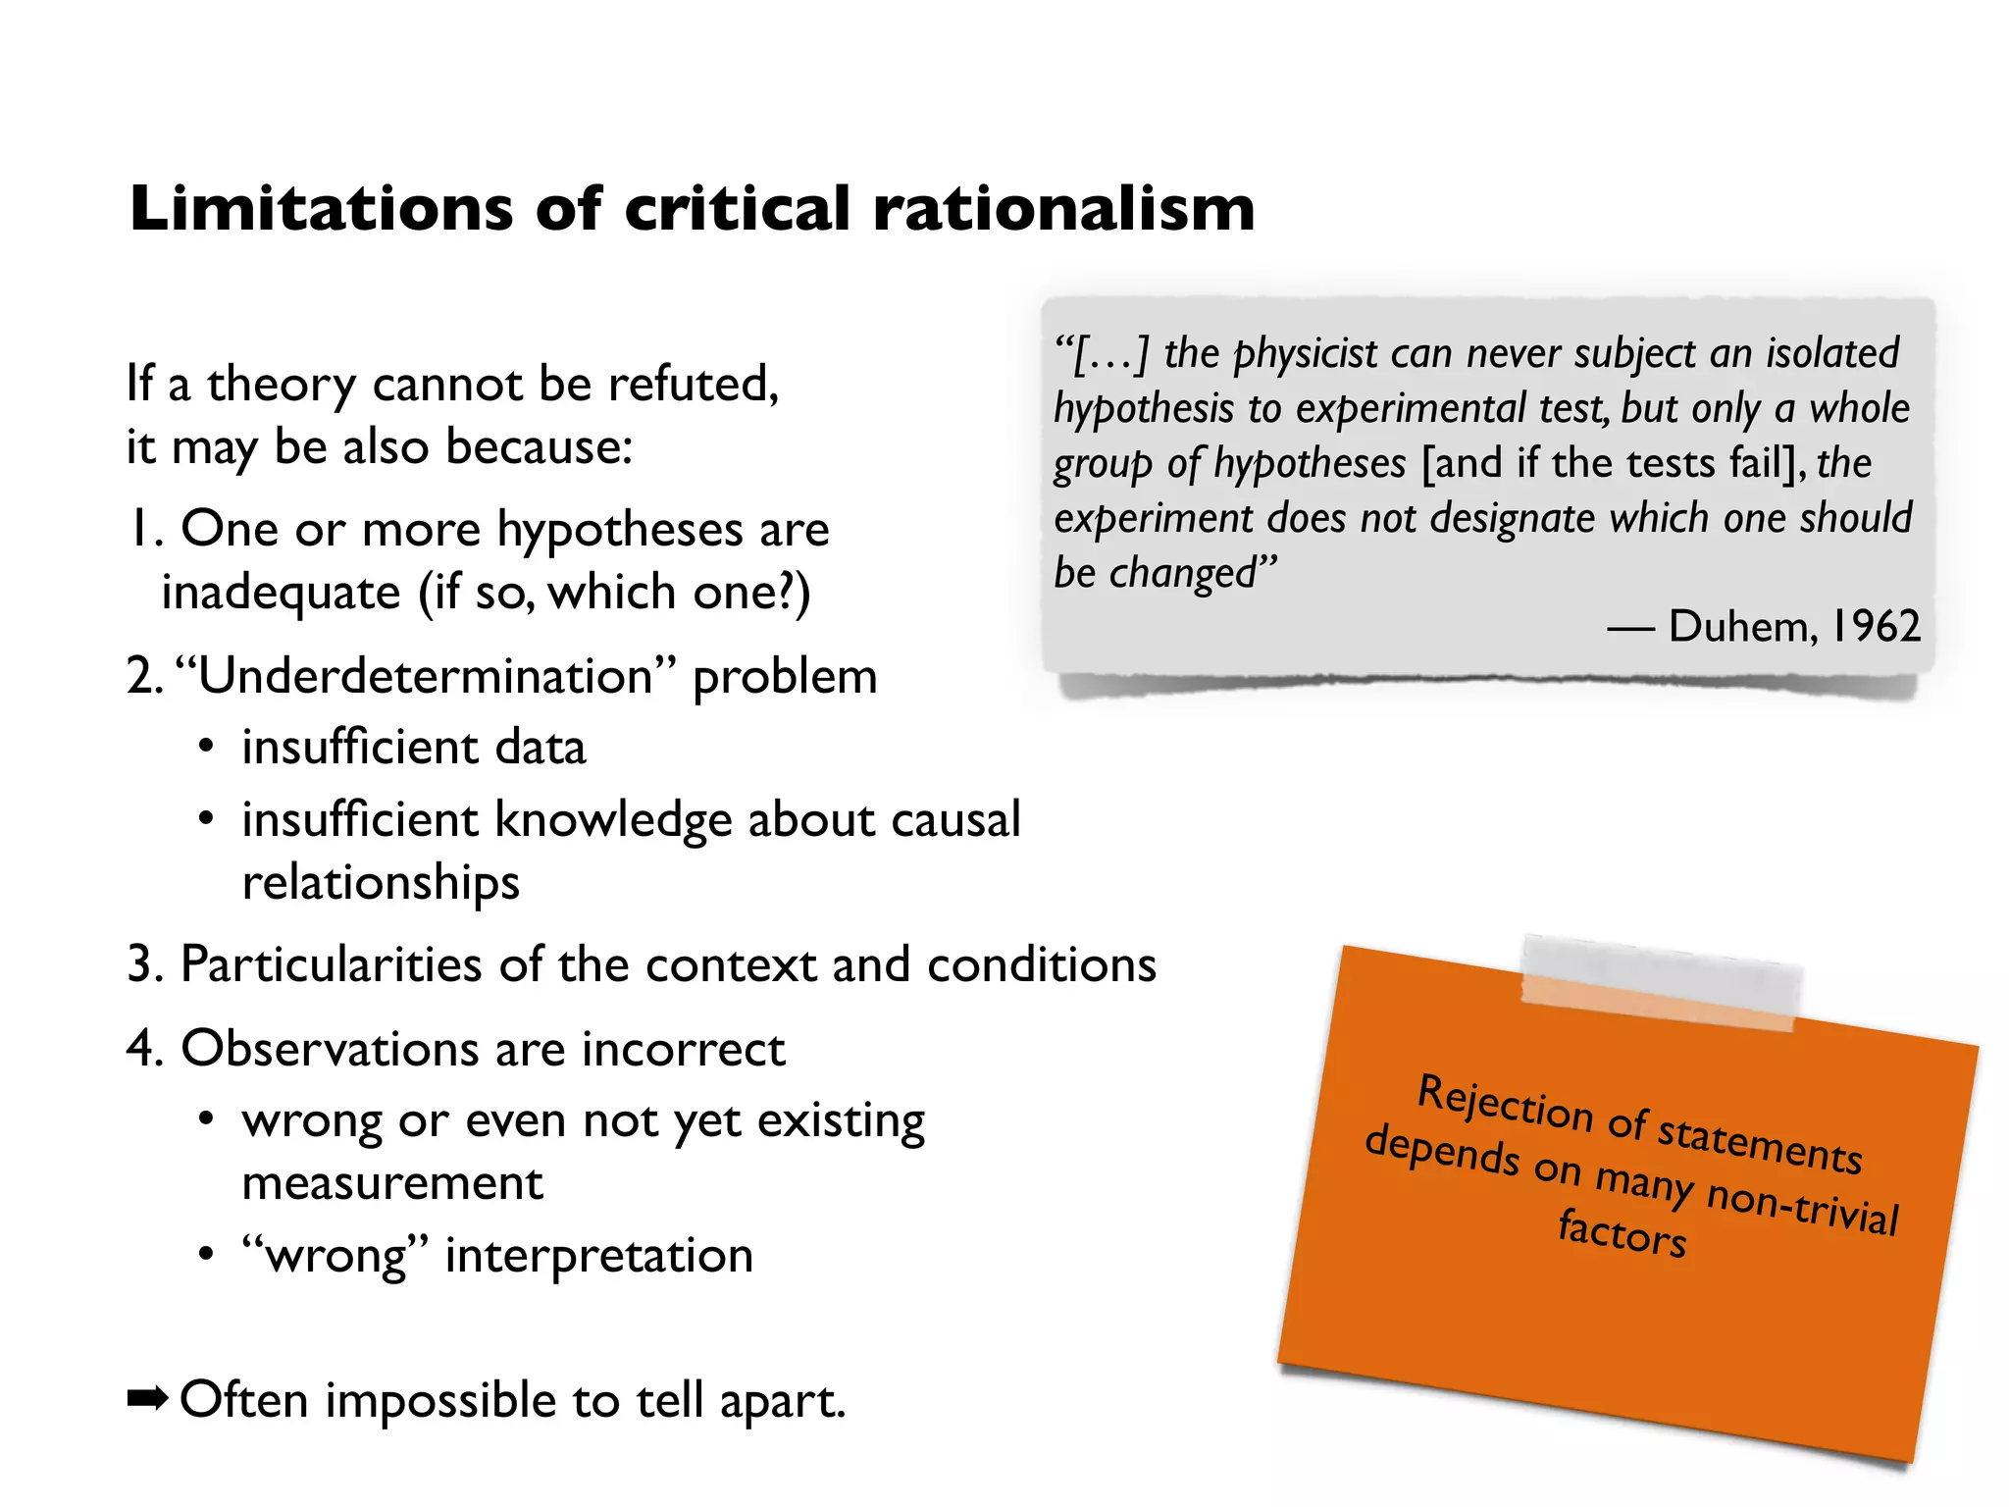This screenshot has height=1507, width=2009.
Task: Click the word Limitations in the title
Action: pos(321,209)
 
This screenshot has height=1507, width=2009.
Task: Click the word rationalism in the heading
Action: pos(1063,209)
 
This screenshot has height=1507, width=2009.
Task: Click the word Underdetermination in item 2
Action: pos(425,676)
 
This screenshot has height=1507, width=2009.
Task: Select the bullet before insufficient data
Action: pos(205,748)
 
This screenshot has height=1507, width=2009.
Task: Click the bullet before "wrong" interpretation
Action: pos(205,1255)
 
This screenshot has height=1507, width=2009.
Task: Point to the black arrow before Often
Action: pos(148,1399)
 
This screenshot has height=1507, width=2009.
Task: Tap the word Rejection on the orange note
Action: pos(1506,1104)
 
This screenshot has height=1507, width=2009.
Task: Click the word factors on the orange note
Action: pos(1623,1233)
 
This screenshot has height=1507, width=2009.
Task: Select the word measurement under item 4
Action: pos(392,1184)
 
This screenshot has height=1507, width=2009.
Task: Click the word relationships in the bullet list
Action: pos(381,883)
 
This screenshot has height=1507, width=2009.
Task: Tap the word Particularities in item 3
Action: pos(331,964)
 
